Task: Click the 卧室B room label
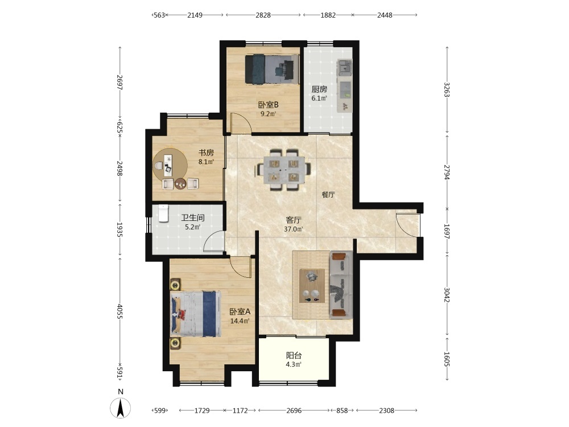point(268,105)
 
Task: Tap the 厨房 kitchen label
point(319,89)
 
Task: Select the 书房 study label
point(206,153)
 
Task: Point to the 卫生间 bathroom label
point(193,218)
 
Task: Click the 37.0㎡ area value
point(293,229)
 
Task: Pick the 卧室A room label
point(240,312)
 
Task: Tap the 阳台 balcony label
point(294,355)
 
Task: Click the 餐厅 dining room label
point(328,195)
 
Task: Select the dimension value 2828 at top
point(263,15)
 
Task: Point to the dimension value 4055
point(120,311)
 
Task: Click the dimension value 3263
point(447,90)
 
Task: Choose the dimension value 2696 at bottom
point(294,410)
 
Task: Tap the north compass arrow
point(121,408)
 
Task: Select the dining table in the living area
point(283,170)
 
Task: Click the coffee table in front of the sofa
point(312,286)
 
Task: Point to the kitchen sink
point(345,67)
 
